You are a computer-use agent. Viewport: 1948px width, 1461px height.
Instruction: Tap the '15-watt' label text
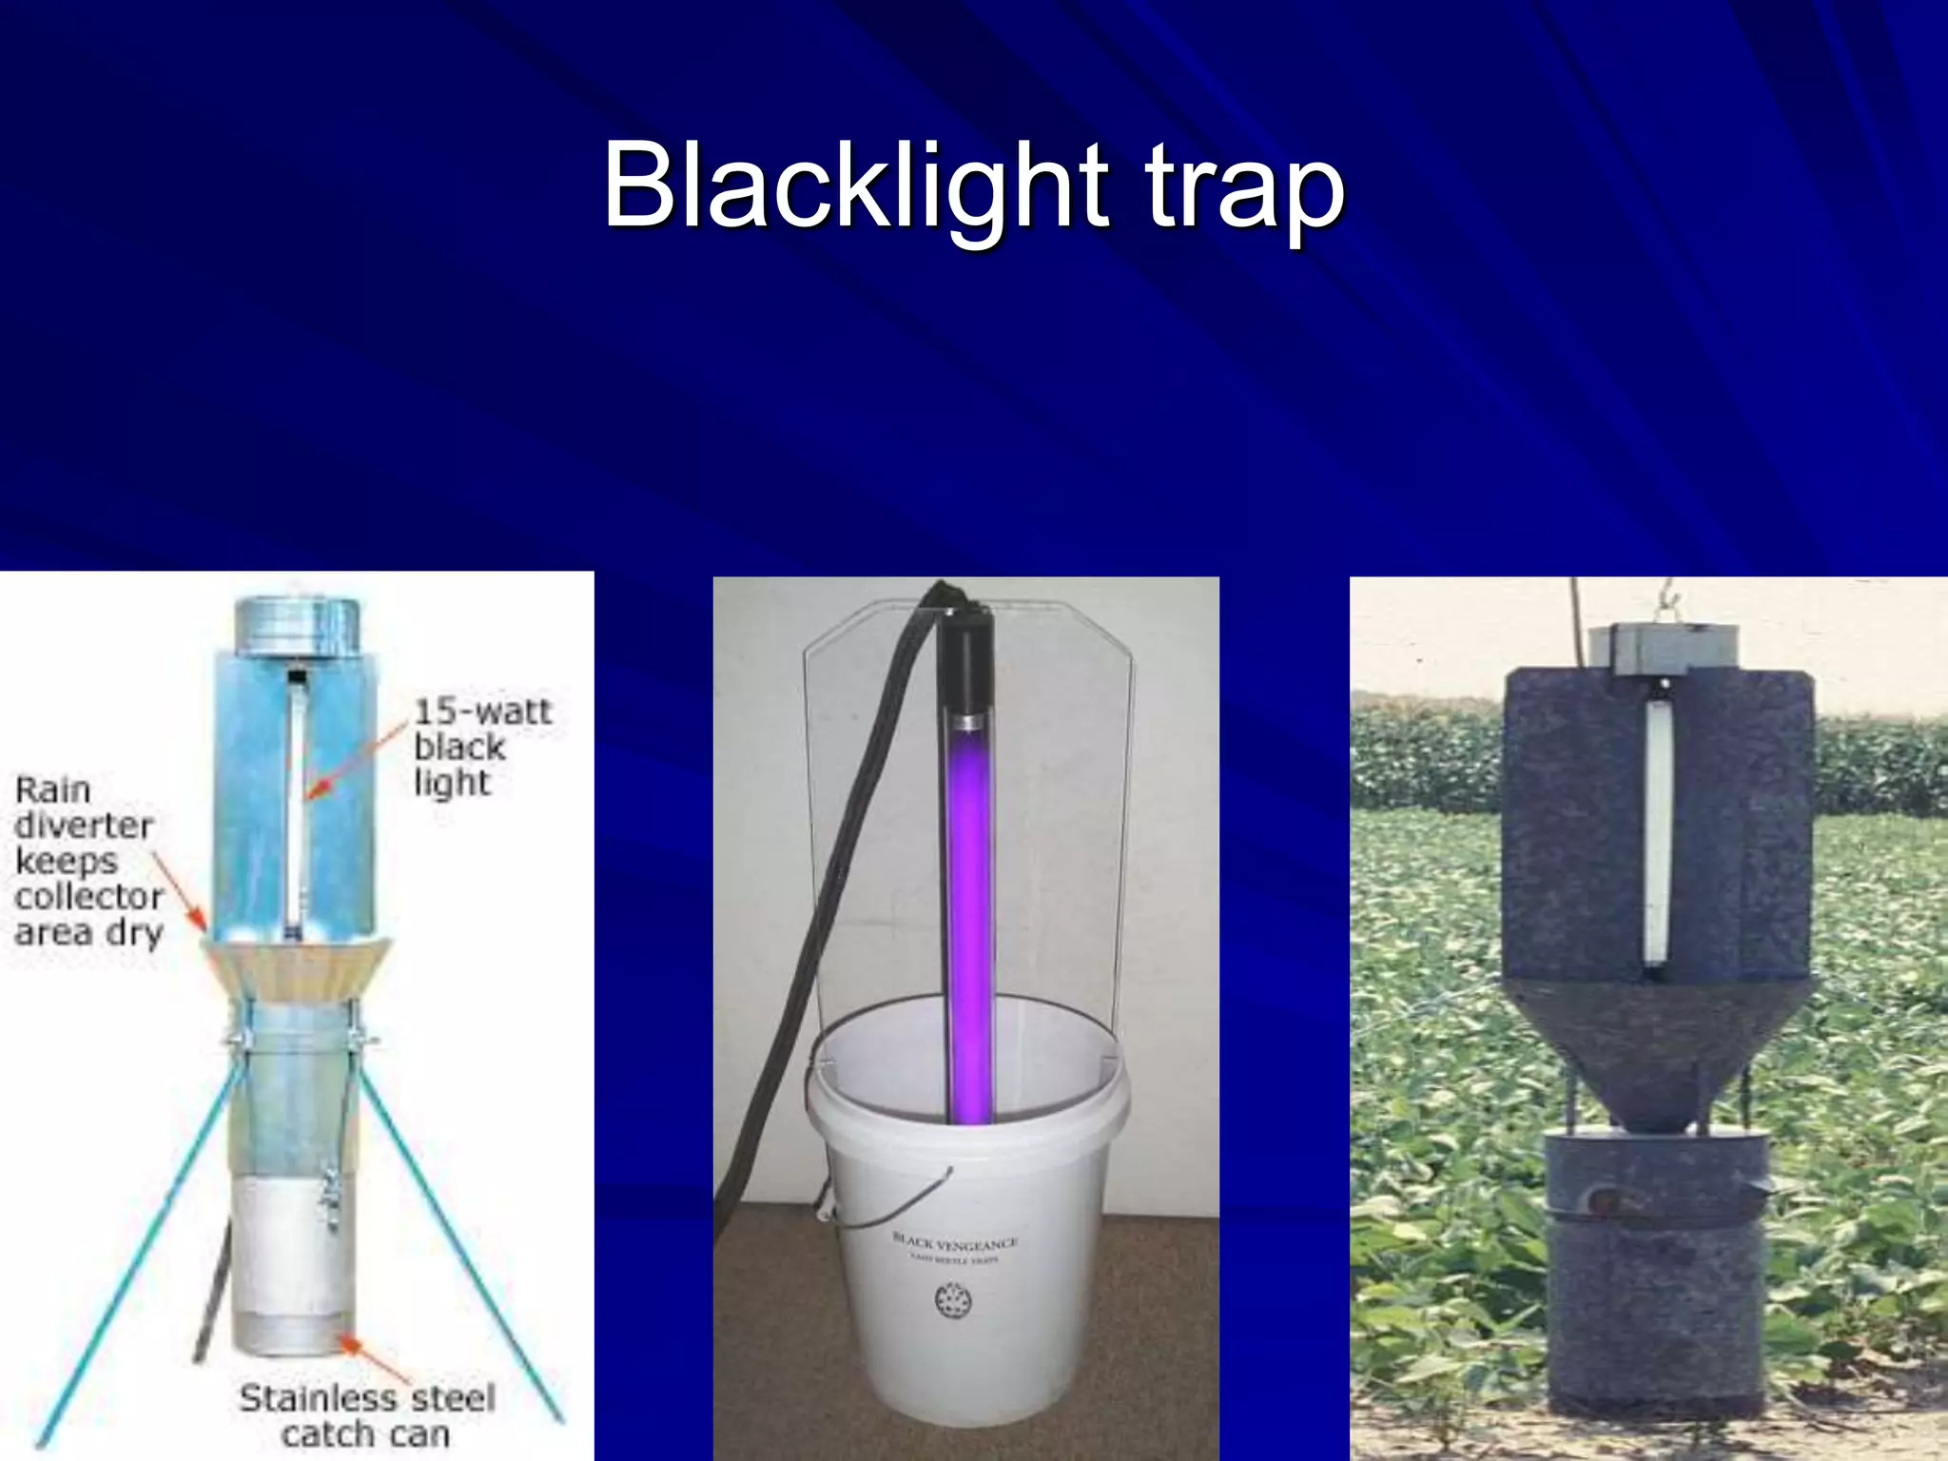click(x=482, y=711)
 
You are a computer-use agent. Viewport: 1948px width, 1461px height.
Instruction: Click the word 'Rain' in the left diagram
click(x=52, y=789)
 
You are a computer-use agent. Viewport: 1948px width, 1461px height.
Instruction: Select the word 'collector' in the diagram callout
click(x=88, y=896)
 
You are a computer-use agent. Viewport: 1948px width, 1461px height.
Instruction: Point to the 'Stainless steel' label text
click(x=367, y=1397)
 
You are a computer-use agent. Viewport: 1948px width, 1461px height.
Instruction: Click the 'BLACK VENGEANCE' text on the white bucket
click(x=954, y=1242)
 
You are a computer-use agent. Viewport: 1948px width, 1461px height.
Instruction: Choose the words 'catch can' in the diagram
click(x=365, y=1433)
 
